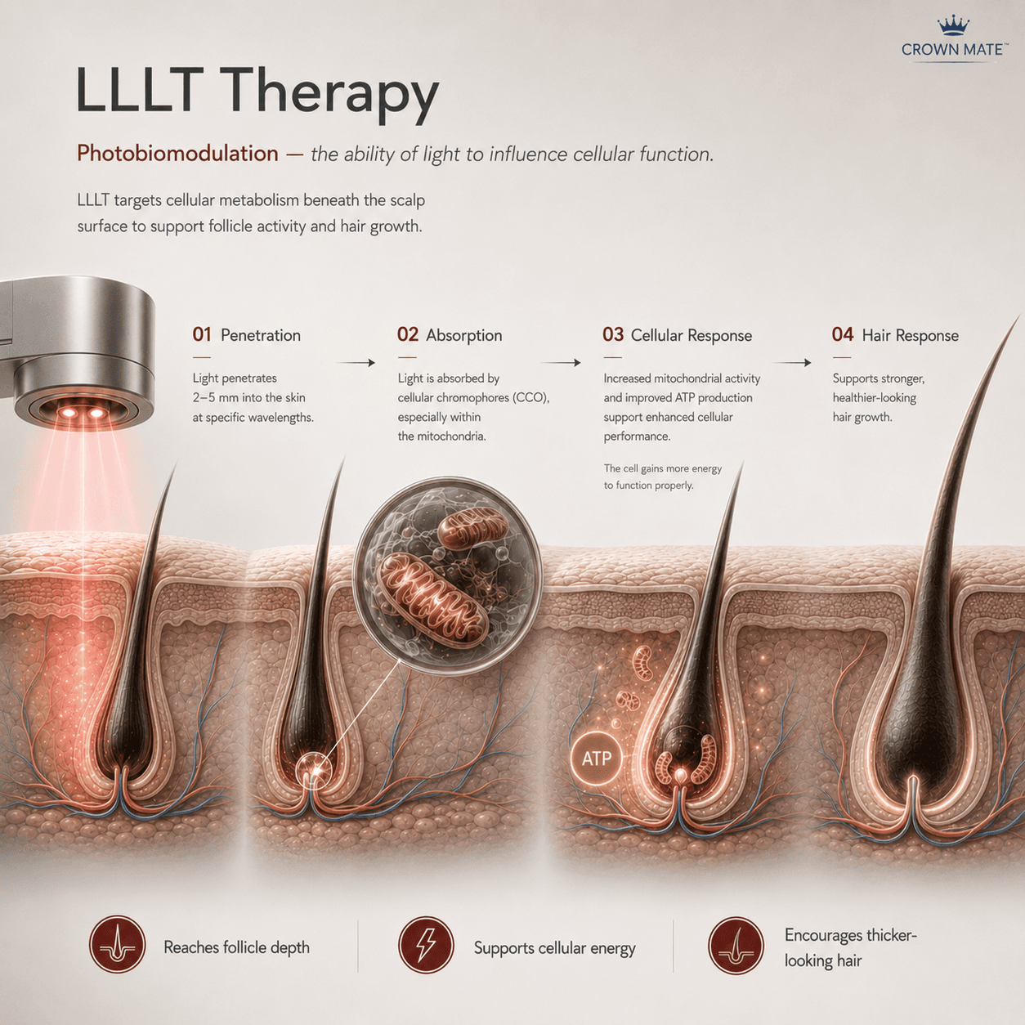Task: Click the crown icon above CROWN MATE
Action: pos(953,26)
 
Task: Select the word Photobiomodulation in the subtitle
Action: pos(177,154)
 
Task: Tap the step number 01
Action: pos(202,334)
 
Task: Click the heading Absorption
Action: pos(463,335)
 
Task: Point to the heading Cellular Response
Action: pos(691,335)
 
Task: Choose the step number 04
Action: pos(843,334)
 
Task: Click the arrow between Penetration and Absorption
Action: pos(356,363)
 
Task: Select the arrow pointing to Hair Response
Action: pos(792,363)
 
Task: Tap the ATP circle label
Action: pos(596,759)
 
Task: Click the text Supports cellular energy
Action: pos(554,948)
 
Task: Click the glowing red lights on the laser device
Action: pos(83,413)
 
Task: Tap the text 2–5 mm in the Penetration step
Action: pos(216,398)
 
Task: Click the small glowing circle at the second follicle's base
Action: pos(313,770)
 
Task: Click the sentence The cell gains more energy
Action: pos(662,468)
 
